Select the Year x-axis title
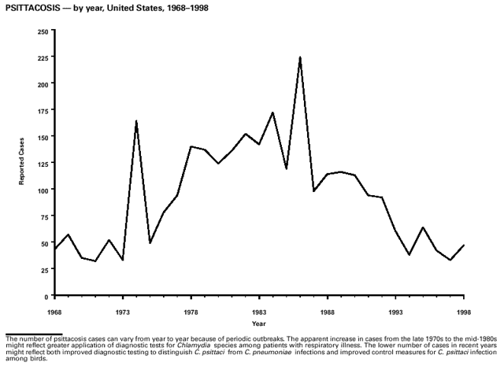click(x=259, y=323)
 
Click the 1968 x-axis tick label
click(x=54, y=312)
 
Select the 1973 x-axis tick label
click(x=123, y=312)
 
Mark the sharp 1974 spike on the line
click(x=136, y=121)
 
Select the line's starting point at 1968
click(x=54, y=249)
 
